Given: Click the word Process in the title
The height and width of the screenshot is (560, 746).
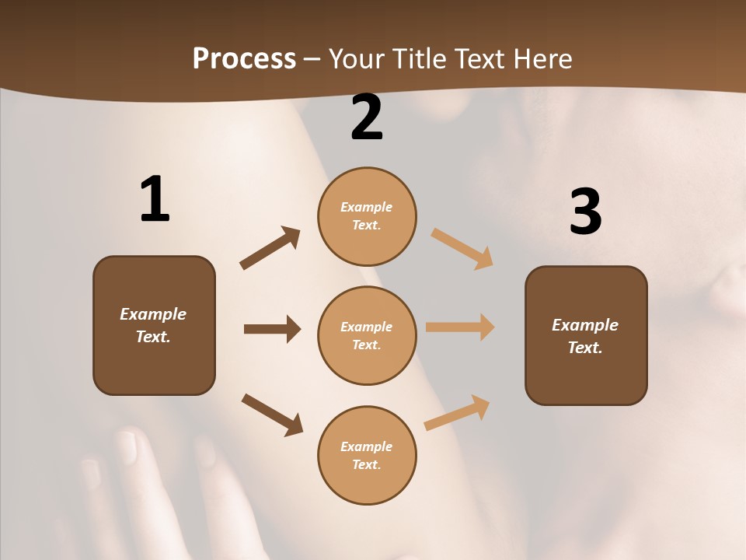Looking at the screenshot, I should click(244, 58).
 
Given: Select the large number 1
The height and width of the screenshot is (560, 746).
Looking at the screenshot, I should click(155, 200).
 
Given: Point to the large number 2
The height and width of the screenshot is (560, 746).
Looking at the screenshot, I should click(367, 118).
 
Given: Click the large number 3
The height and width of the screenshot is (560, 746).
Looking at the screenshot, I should click(585, 212).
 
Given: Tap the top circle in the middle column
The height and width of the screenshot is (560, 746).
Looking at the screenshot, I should click(367, 216).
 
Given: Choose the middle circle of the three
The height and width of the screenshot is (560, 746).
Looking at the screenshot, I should click(367, 335).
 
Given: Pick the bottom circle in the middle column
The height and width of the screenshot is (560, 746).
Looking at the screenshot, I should click(367, 455).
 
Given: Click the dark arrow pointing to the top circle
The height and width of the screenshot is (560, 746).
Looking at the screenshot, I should click(270, 248).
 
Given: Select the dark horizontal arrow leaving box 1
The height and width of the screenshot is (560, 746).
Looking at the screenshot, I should click(272, 329).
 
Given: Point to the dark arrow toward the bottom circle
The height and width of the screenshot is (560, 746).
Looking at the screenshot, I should click(272, 415).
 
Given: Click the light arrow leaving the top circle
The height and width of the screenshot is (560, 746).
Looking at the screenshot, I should click(462, 249).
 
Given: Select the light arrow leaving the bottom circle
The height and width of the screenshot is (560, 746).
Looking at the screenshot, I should click(457, 412).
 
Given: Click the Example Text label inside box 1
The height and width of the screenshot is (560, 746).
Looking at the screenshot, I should click(153, 325).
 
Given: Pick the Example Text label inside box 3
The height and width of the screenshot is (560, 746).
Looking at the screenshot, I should click(585, 336).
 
